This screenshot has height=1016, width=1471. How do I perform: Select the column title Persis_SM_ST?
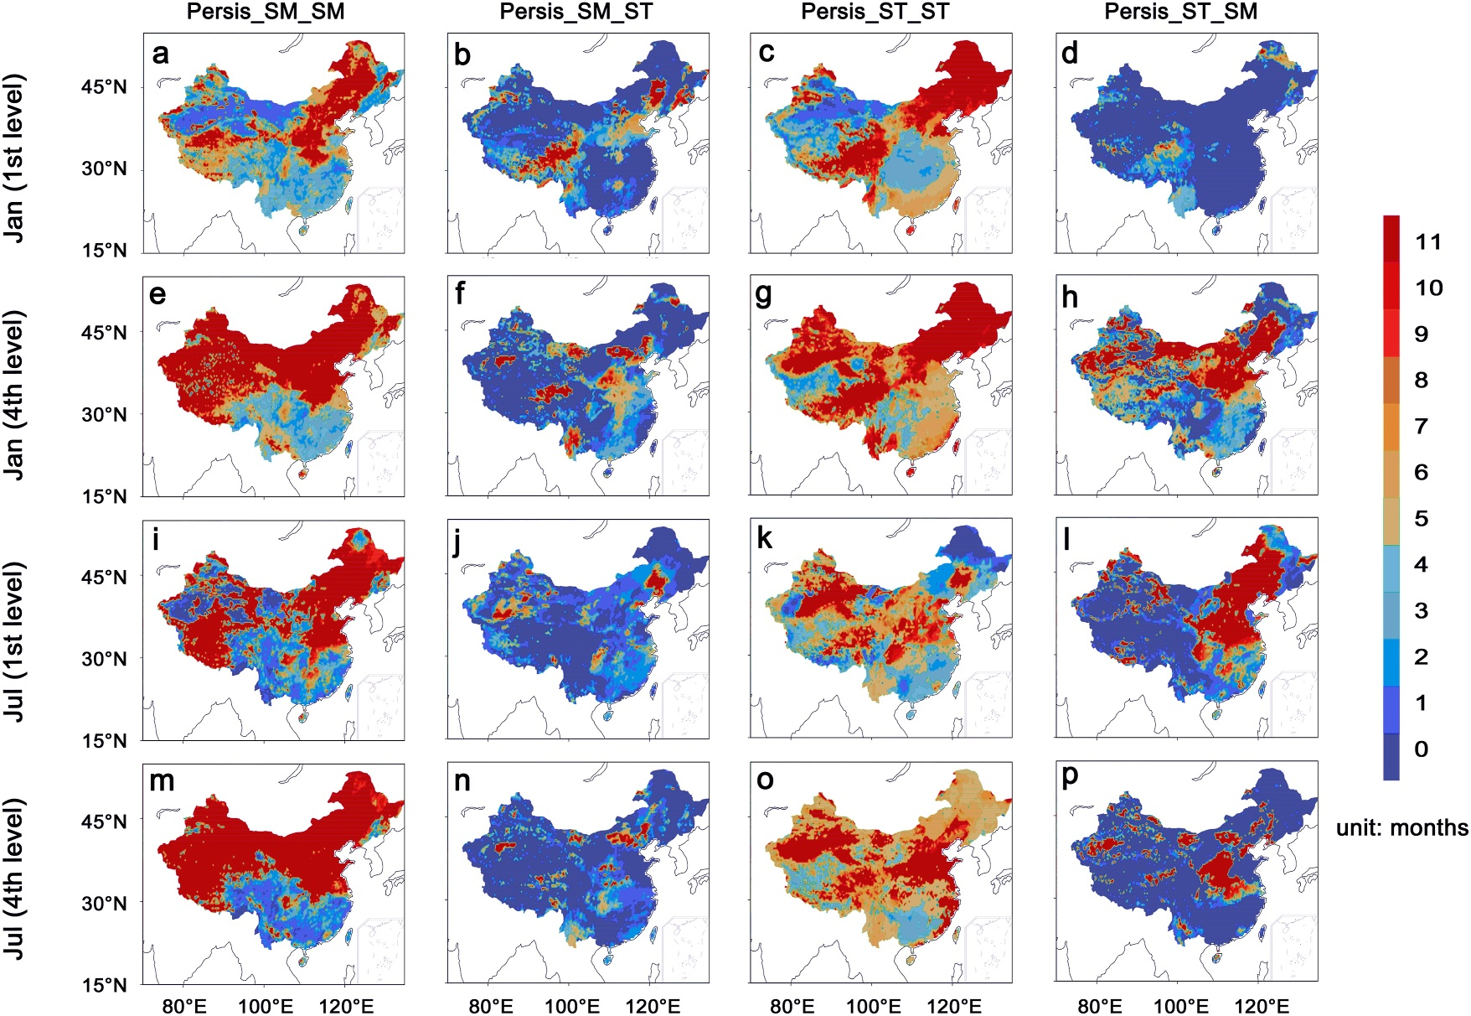tap(575, 12)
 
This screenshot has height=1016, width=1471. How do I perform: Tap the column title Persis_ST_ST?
tap(875, 12)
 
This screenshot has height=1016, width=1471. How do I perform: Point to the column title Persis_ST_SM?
tap(1181, 12)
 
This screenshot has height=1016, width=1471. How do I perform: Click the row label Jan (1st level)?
tap(14, 158)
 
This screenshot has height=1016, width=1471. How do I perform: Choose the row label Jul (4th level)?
tap(14, 879)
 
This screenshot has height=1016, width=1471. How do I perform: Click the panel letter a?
tap(160, 54)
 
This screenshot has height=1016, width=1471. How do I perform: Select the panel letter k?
tap(764, 538)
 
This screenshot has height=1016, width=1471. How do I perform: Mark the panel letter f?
tap(460, 295)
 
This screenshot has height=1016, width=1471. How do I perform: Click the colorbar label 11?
tap(1428, 242)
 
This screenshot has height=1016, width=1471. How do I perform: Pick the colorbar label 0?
tap(1421, 749)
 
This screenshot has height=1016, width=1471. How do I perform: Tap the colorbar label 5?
tap(1421, 519)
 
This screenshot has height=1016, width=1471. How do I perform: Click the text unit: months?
tap(1401, 828)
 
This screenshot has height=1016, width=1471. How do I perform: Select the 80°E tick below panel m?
tap(184, 1005)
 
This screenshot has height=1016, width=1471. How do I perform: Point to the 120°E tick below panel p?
tap(1262, 1005)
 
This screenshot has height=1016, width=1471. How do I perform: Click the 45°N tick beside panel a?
tap(104, 87)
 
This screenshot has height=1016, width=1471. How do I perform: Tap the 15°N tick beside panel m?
tap(104, 985)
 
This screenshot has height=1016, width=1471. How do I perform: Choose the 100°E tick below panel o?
tap(874, 1005)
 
